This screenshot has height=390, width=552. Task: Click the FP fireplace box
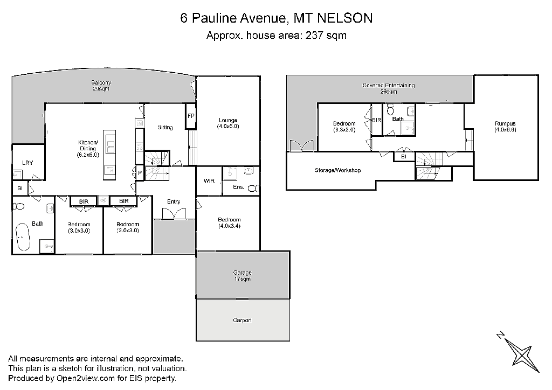coord(191,116)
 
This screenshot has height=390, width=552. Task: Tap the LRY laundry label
coord(27,163)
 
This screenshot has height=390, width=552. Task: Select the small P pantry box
coord(140,173)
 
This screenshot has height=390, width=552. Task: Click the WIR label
coord(209,181)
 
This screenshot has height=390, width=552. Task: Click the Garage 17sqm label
coord(242,276)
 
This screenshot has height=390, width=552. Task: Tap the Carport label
coord(242,321)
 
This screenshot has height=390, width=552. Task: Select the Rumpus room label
coord(505,127)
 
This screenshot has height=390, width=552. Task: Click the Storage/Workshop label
coord(337,170)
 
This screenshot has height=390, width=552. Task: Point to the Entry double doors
coord(174,214)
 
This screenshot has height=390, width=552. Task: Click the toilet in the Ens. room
coord(253,188)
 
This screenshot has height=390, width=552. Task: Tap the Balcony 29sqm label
coord(101,86)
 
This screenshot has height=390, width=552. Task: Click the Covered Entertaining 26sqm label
coord(389,88)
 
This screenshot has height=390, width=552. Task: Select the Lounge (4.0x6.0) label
coord(228,123)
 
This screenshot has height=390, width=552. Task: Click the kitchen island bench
coord(109,155)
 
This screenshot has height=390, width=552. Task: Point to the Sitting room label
coord(165,127)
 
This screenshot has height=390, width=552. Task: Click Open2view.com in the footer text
coord(86,378)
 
